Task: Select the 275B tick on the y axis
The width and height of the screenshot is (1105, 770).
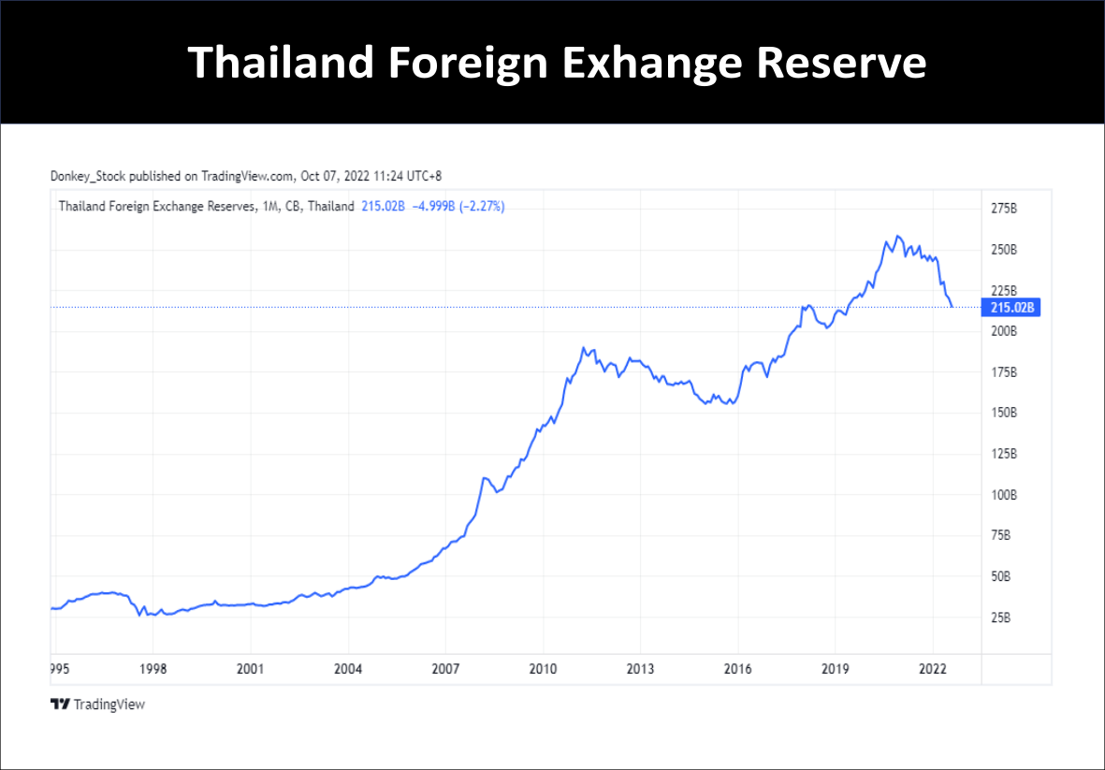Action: point(1004,209)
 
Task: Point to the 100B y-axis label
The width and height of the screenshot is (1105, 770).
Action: point(1004,495)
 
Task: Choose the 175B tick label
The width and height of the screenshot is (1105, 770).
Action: point(1004,372)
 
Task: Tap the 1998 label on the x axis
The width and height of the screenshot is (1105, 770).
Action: point(153,669)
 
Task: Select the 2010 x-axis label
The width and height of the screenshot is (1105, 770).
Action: point(543,669)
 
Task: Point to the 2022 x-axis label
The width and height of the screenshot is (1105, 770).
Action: point(932,669)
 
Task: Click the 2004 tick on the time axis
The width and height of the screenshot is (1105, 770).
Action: point(348,669)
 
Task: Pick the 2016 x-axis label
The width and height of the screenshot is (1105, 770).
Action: point(737,669)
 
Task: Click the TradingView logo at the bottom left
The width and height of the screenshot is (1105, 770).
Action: point(98,704)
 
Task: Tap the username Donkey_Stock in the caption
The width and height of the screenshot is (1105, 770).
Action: point(88,175)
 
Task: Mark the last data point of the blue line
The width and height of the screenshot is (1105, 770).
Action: point(952,306)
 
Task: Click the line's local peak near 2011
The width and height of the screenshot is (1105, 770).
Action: point(584,348)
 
